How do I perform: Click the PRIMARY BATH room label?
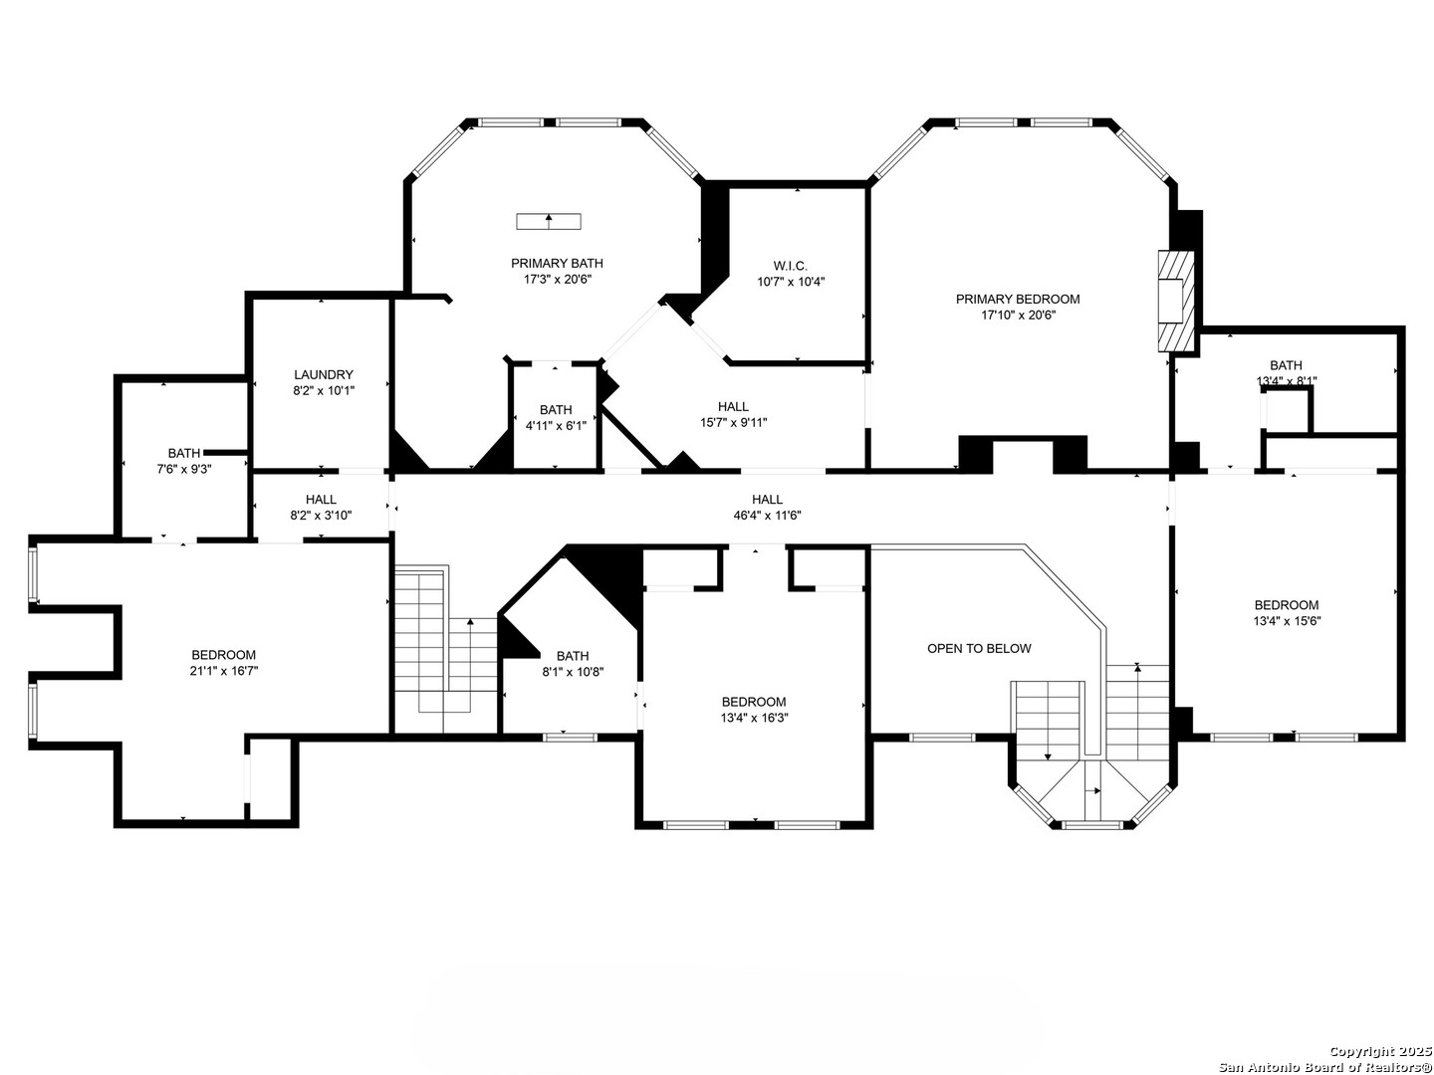click(x=557, y=263)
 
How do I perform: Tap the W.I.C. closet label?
click(x=791, y=266)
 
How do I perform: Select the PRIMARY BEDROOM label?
click(x=1017, y=299)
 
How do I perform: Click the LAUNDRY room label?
click(x=324, y=374)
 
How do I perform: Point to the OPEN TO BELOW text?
click(x=979, y=648)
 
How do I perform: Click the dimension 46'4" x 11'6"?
click(x=767, y=515)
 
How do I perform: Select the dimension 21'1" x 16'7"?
click(x=223, y=670)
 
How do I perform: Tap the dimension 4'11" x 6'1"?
click(x=556, y=426)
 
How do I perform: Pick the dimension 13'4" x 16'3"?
click(x=753, y=718)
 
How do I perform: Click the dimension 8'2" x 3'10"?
click(x=321, y=515)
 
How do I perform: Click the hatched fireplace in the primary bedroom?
click(x=1176, y=301)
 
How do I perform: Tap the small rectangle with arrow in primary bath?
click(x=549, y=221)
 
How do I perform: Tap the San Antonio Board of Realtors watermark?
click(x=1324, y=1066)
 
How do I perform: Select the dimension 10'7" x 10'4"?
click(x=791, y=282)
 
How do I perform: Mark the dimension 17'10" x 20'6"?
click(x=1017, y=316)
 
